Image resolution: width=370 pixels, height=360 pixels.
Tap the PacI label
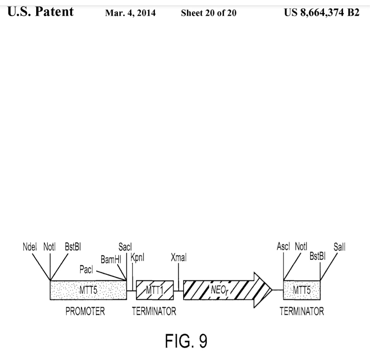87,270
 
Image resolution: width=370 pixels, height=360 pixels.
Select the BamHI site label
111,260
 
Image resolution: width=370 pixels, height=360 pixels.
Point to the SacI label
125,247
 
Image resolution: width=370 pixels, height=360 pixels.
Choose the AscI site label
284,246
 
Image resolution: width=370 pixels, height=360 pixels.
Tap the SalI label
339,247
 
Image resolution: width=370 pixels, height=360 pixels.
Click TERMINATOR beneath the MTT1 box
154,312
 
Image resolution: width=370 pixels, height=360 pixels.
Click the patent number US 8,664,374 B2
322,13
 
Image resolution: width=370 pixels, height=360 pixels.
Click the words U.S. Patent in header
40,12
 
